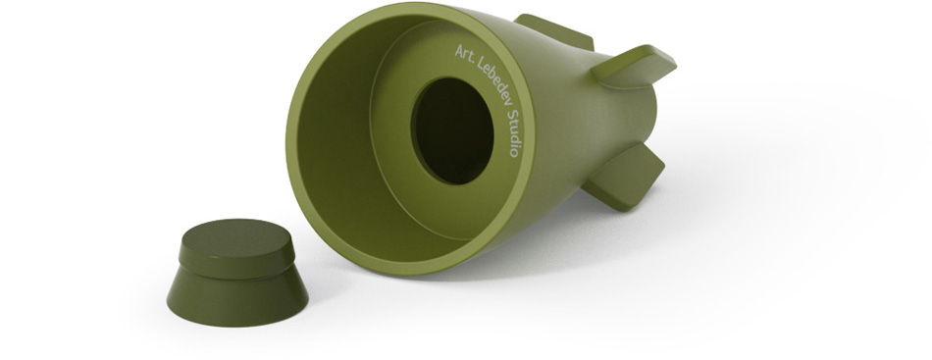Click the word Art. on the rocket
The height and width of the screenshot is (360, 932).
click(464, 54)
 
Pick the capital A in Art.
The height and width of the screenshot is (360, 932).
click(459, 49)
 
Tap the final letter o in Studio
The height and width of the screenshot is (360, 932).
click(513, 153)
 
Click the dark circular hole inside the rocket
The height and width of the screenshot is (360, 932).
click(452, 130)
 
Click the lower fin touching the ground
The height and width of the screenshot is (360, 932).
click(624, 177)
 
